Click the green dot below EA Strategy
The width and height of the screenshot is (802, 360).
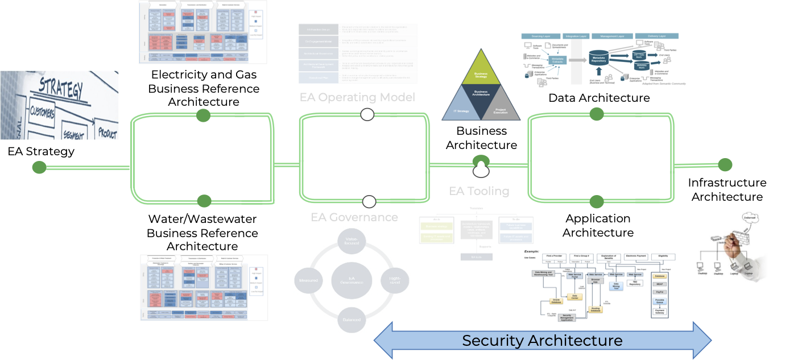coord(39,167)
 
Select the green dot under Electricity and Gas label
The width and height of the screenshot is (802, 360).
coord(203,115)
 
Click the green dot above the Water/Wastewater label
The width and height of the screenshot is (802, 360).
coord(204,201)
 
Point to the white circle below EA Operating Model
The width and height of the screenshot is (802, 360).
coord(367,115)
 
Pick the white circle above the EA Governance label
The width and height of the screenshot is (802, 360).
coord(369,201)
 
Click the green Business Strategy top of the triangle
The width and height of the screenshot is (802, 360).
coord(481,75)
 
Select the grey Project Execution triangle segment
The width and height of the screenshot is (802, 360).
coord(504,109)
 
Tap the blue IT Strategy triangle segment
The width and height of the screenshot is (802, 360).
coord(460,110)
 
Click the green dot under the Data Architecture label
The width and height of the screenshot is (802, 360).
coord(596,114)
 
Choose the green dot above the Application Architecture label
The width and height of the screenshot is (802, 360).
coord(596,201)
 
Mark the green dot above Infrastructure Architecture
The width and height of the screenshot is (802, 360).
coord(725,165)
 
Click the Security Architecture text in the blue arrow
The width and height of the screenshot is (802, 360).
coord(542,341)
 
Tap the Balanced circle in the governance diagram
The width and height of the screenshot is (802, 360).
coord(352,320)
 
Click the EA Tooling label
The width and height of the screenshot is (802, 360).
coord(479,191)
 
